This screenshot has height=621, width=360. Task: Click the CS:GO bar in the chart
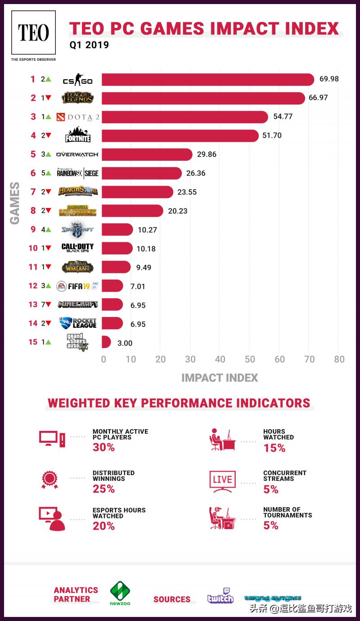[207, 80]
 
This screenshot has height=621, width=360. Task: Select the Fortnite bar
[180, 136]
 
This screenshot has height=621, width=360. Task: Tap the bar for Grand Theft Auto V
[106, 342]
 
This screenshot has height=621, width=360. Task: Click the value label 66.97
[318, 98]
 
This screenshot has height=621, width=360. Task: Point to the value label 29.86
[207, 154]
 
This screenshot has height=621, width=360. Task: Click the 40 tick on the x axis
[220, 359]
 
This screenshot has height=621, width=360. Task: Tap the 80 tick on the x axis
[339, 359]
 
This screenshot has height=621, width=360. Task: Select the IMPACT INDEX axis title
[220, 378]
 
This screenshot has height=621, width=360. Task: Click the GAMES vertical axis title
[15, 203]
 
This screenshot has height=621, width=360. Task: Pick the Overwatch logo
[77, 154]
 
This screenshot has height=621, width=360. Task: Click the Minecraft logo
[78, 304]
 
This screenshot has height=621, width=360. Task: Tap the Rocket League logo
[78, 323]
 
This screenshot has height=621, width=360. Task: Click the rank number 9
[33, 230]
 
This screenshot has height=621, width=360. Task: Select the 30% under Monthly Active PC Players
[103, 447]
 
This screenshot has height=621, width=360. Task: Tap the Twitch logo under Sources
[220, 595]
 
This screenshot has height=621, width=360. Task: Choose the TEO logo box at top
[33, 33]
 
